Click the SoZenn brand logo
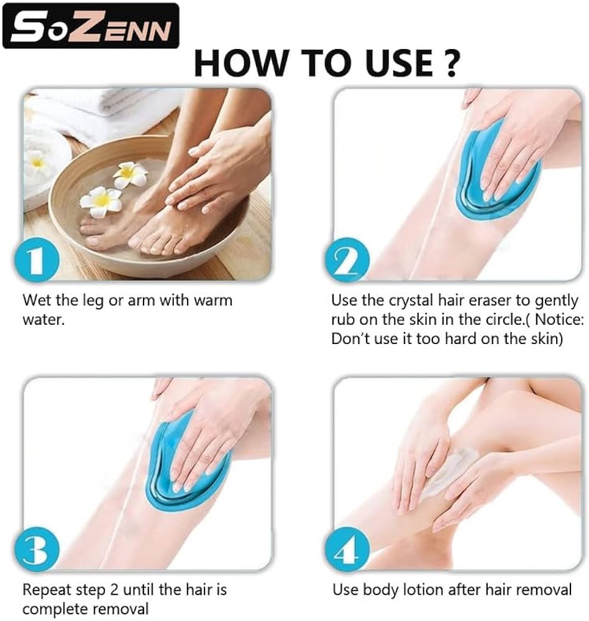pyautogui.click(x=91, y=25)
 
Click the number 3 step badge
pyautogui.click(x=37, y=550)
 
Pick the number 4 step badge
pyautogui.click(x=347, y=550)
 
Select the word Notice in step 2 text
pyautogui.click(x=557, y=319)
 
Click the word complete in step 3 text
pyautogui.click(x=49, y=609)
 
